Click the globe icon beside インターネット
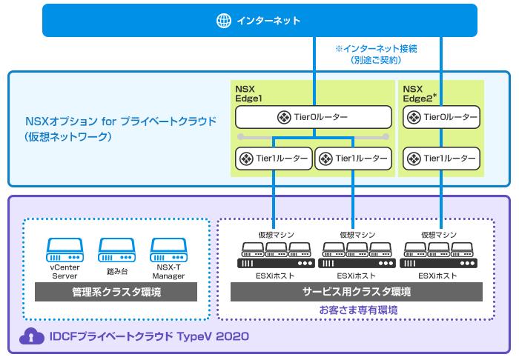pyautogui.click(x=224, y=21)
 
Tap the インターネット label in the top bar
pyautogui.click(x=268, y=21)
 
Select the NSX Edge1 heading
pyautogui.click(x=249, y=93)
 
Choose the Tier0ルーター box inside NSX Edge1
pyautogui.click(x=313, y=117)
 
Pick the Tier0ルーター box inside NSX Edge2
pyautogui.click(x=441, y=117)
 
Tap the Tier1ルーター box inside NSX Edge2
pyautogui.click(x=441, y=159)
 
